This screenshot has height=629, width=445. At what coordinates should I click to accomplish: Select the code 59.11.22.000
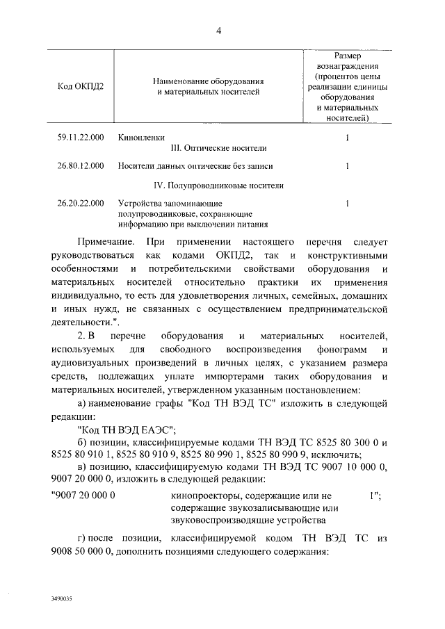click(81, 138)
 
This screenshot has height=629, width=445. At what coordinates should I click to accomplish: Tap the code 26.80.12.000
click(81, 166)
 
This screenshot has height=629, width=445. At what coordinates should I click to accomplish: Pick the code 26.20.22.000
click(81, 204)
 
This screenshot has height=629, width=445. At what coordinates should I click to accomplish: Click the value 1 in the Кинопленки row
click(346, 138)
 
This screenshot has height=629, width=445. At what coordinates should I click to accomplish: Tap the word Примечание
click(105, 240)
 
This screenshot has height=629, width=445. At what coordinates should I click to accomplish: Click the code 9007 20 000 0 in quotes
click(83, 495)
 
